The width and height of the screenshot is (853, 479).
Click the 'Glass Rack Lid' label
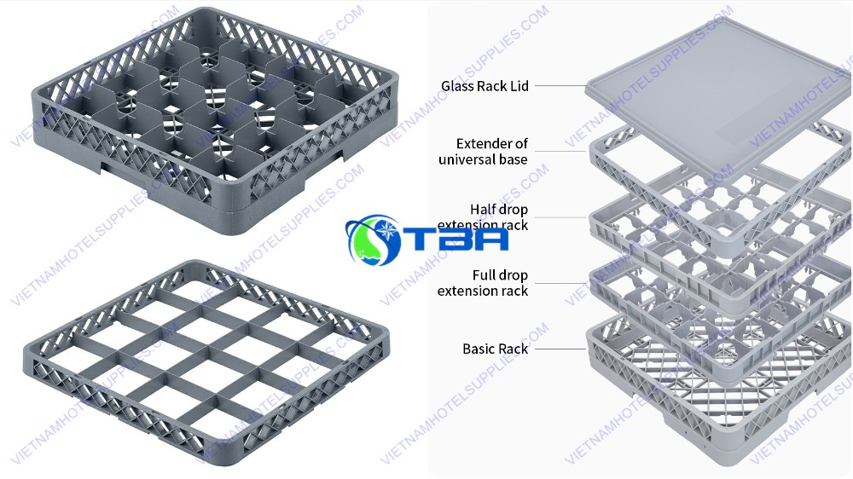pyautogui.click(x=485, y=86)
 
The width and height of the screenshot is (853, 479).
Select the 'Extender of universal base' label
pyautogui.click(x=484, y=152)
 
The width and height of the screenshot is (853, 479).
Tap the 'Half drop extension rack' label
pyautogui.click(x=484, y=217)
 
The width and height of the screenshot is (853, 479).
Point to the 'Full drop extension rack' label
pyautogui.click(x=483, y=283)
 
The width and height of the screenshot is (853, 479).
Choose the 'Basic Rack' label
pyautogui.click(x=495, y=349)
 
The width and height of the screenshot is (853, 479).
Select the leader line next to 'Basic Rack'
pyautogui.click(x=560, y=349)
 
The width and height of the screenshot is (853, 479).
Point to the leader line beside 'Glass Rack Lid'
pyautogui.click(x=560, y=86)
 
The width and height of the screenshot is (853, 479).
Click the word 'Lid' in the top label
pyautogui.click(x=519, y=86)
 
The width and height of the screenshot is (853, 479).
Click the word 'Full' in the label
pyautogui.click(x=486, y=275)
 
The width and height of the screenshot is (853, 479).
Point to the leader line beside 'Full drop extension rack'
pyautogui.click(x=560, y=283)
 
